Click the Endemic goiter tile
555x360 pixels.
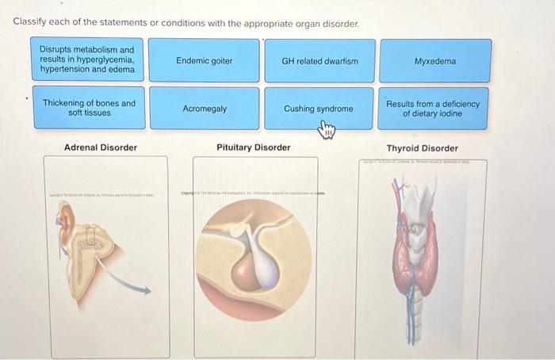(204, 61)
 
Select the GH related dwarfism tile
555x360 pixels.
(320, 61)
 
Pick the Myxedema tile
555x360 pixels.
(434, 61)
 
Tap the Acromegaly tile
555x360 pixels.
(204, 109)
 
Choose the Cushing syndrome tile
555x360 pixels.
(319, 109)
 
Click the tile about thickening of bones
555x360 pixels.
(89, 108)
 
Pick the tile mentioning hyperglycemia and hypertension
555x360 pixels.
(89, 60)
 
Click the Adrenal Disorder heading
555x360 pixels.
(101, 147)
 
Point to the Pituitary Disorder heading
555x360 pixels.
(254, 147)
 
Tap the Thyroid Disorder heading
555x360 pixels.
(422, 148)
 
